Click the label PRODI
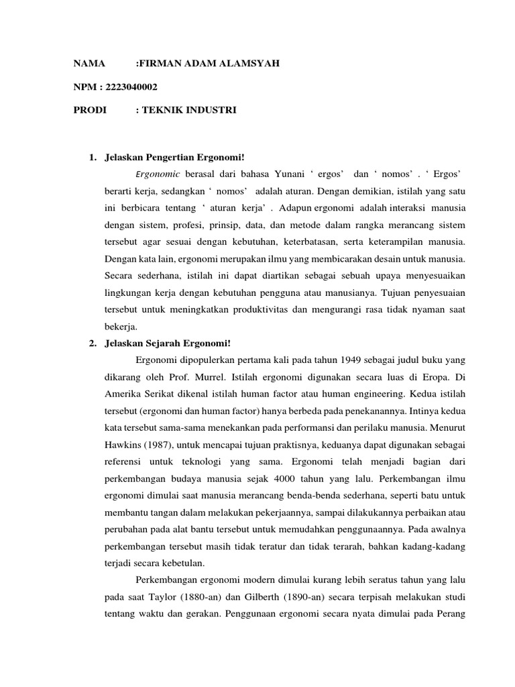coord(90,109)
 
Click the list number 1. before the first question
coord(93,158)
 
